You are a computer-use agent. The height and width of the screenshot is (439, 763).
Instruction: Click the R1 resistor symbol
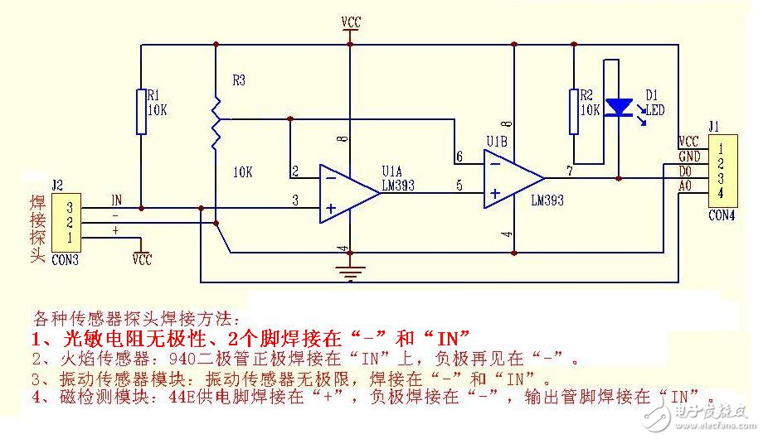click(141, 111)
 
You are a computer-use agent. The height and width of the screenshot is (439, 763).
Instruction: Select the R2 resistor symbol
click(572, 111)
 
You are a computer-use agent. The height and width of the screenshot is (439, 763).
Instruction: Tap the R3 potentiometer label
click(239, 80)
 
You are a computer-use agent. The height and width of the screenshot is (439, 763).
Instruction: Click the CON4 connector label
click(722, 215)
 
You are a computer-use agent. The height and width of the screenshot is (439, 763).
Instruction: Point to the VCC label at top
click(351, 22)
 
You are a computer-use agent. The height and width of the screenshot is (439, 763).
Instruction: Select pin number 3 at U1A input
click(294, 199)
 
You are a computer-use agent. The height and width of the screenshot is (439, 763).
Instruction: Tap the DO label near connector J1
click(687, 171)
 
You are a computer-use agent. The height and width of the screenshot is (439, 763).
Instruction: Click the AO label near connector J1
click(687, 186)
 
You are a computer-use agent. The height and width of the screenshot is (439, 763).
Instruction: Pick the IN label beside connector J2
click(117, 200)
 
